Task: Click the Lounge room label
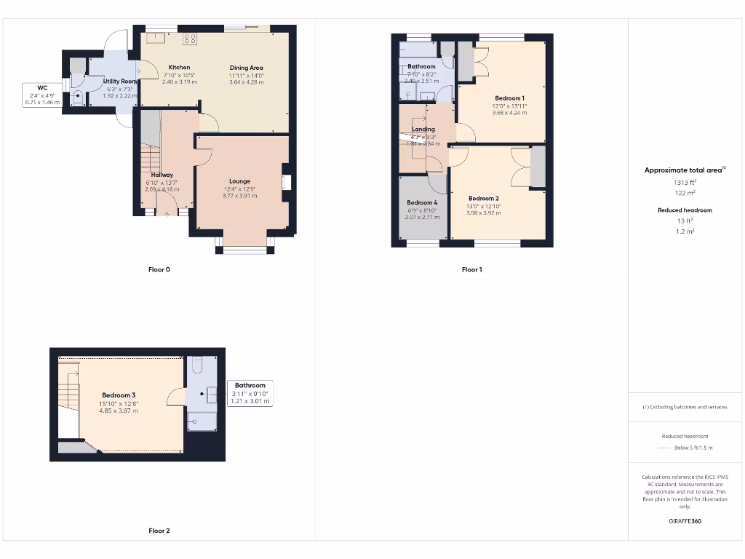pyautogui.click(x=239, y=181)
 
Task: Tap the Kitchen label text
pyautogui.click(x=179, y=68)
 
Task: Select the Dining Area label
pyautogui.click(x=247, y=68)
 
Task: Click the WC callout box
pyautogui.click(x=41, y=95)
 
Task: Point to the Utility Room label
pyautogui.click(x=119, y=82)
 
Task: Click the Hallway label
pyautogui.click(x=162, y=175)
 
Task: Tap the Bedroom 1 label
pyautogui.click(x=509, y=98)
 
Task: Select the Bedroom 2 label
pyautogui.click(x=483, y=199)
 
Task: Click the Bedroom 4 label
pyautogui.click(x=422, y=202)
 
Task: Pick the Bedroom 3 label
pyautogui.click(x=119, y=395)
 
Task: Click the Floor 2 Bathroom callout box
pyautogui.click(x=250, y=393)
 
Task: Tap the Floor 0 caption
pyautogui.click(x=159, y=270)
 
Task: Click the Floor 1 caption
pyautogui.click(x=471, y=270)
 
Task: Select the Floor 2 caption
pyautogui.click(x=159, y=531)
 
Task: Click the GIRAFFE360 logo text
pyautogui.click(x=685, y=521)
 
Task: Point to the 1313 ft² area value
pyautogui.click(x=685, y=183)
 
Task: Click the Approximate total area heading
pyautogui.click(x=685, y=170)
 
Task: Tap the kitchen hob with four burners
pyautogui.click(x=190, y=39)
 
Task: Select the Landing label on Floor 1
pyautogui.click(x=423, y=130)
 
